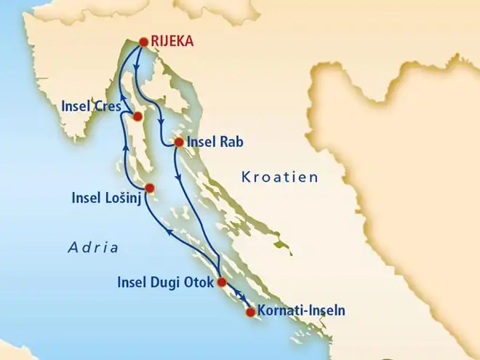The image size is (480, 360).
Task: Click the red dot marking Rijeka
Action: (143, 42)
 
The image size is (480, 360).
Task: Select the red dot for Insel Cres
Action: (137, 116)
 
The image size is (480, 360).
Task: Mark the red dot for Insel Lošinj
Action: (149, 188)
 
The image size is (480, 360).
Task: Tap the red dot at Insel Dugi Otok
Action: (222, 284)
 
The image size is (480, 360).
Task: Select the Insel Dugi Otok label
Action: (166, 281)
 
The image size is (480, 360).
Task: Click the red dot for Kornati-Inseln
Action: (251, 313)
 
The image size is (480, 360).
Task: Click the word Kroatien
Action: (280, 177)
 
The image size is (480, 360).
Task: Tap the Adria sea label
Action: (93, 247)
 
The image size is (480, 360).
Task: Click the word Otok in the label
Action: (200, 281)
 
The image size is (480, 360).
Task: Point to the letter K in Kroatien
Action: (245, 177)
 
